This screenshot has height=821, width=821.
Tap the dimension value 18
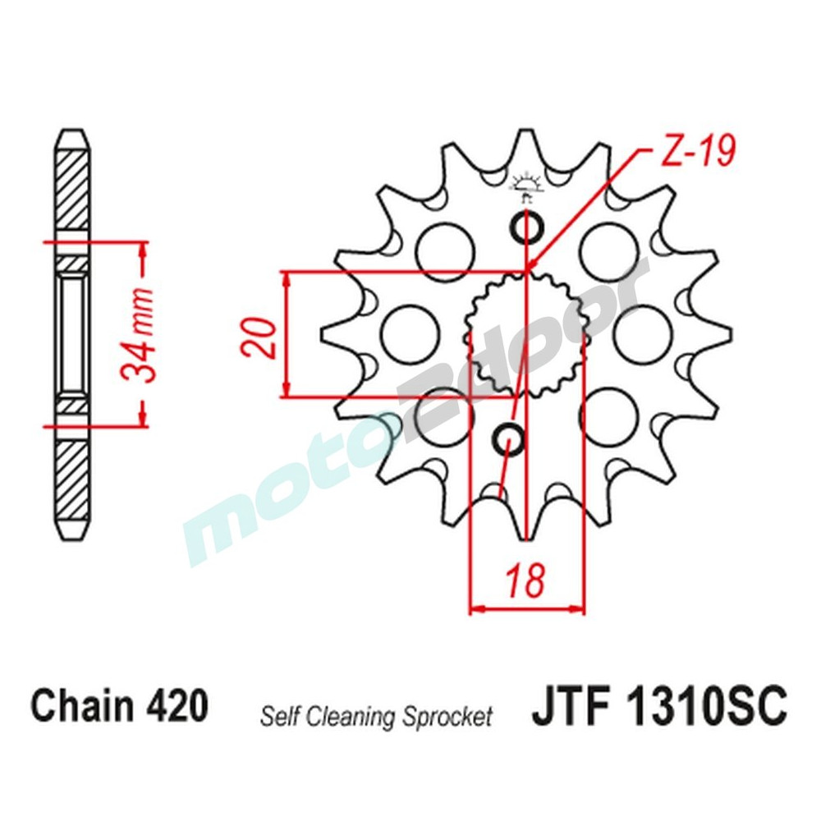pos(525,581)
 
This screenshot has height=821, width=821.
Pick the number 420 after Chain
pos(176,707)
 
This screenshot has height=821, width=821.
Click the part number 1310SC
pos(705,707)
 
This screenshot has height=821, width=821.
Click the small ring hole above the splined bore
pos(526,227)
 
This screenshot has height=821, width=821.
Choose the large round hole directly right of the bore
pos(642,334)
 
